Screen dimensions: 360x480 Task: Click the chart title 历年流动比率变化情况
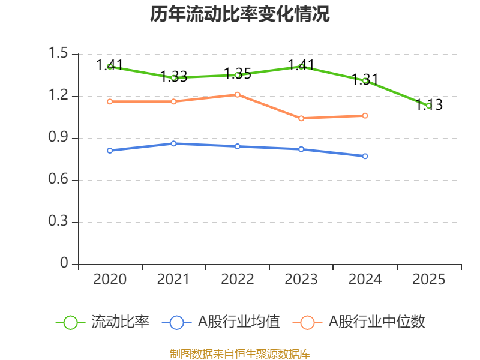240,14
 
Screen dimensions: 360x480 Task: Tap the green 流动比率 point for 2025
429,106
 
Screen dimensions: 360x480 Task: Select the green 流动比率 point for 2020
110,67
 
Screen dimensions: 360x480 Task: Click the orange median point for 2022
238,94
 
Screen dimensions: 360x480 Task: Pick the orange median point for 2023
301,118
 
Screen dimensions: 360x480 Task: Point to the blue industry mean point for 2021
173,143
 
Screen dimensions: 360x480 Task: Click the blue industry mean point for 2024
365,156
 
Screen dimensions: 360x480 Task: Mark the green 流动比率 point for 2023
301,67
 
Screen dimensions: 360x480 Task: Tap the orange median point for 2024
365,115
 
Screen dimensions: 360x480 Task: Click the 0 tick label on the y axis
65,264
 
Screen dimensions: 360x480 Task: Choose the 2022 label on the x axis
238,280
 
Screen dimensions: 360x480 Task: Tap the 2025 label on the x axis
429,280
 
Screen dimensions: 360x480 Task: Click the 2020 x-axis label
110,280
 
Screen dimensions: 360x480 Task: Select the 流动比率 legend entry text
120,322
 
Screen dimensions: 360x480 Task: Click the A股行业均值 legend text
239,322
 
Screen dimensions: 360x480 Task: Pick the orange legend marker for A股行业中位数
307,322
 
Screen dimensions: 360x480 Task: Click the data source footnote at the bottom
240,353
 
